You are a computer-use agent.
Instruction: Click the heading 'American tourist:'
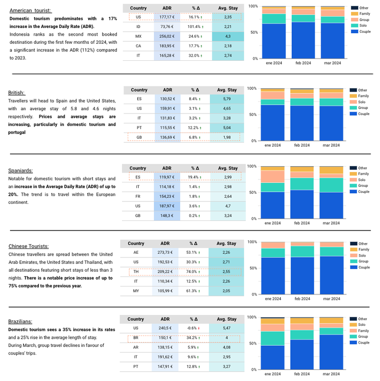pyautogui.click(x=31, y=10)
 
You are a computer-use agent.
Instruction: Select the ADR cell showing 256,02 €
pyautogui.click(x=168, y=36)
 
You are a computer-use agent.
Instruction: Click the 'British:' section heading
pyautogui.click(x=17, y=93)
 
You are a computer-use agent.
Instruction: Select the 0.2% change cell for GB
pyautogui.click(x=195, y=216)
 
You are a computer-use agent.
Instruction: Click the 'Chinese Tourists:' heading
pyautogui.click(x=28, y=246)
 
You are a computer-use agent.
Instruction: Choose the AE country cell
pyautogui.click(x=136, y=253)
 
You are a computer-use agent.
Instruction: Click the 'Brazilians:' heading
pyautogui.click(x=22, y=322)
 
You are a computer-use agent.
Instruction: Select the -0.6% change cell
pyautogui.click(x=195, y=328)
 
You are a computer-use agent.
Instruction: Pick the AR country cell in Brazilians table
pyautogui.click(x=136, y=347)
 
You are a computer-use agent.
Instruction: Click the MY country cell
pyautogui.click(x=136, y=291)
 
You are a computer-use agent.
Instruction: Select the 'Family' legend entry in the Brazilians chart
pyautogui.click(x=363, y=331)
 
